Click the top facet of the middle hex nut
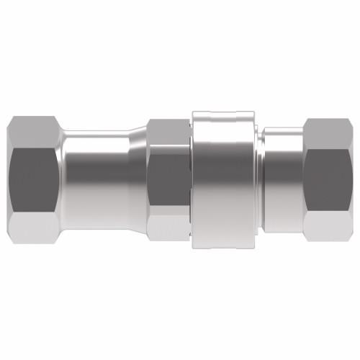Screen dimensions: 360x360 168,130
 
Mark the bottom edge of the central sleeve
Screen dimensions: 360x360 225,243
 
